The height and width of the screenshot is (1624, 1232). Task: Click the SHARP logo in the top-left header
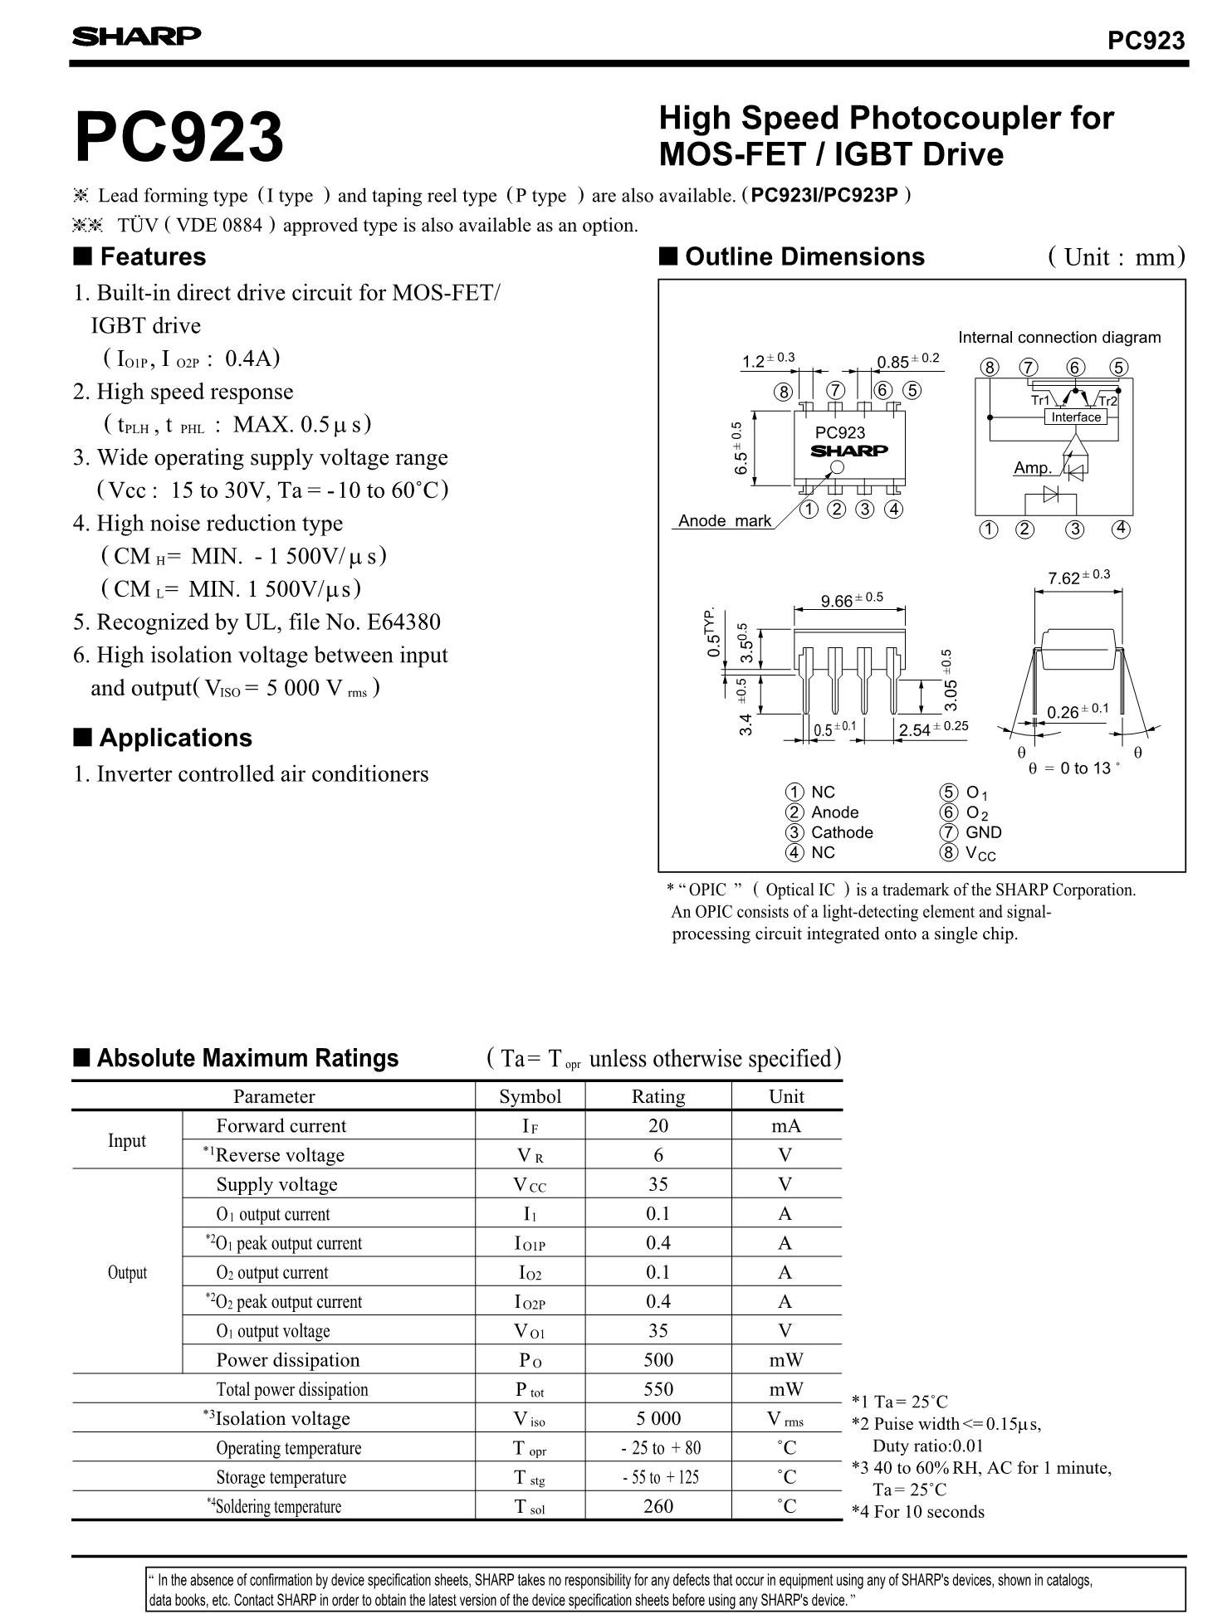coord(136,37)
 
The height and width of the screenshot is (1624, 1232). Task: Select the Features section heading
coord(152,257)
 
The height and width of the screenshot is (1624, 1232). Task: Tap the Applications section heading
coord(174,738)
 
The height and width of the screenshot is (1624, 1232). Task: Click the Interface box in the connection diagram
coord(1075,417)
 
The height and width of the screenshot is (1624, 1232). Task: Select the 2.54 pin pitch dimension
coord(916,730)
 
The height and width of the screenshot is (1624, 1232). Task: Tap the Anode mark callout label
coord(724,521)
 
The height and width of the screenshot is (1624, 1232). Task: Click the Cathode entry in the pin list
coord(842,832)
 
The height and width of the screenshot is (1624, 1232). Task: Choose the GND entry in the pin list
coord(984,832)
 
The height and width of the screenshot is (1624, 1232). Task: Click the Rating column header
coord(658,1097)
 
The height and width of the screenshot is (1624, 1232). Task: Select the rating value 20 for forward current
coord(658,1126)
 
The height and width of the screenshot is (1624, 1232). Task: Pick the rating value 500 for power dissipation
coord(658,1360)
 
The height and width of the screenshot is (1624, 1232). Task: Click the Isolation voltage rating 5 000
coord(658,1419)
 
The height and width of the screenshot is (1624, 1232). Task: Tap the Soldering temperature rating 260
coord(658,1506)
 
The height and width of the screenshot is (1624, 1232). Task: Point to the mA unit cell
coord(785,1126)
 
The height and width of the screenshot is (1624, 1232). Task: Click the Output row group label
coord(127,1273)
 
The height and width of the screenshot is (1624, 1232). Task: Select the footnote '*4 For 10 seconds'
coord(918,1512)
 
